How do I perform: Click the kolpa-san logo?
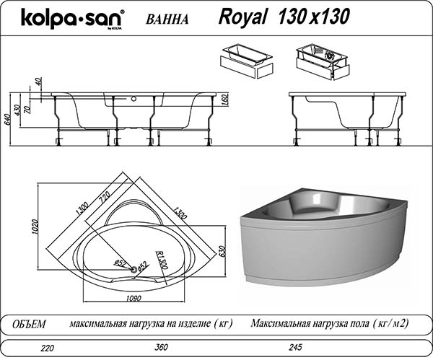click(x=72, y=19)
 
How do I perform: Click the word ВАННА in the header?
click(x=167, y=19)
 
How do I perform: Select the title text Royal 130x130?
click(x=284, y=17)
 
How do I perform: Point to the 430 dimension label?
click(x=17, y=110)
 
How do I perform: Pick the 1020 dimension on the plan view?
click(x=34, y=227)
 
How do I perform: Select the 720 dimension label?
click(x=105, y=196)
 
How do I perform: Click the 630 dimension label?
click(x=223, y=251)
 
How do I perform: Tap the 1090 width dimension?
click(x=134, y=299)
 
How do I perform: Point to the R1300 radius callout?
click(x=162, y=260)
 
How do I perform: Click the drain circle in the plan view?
click(x=134, y=269)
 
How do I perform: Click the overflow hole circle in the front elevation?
click(x=134, y=99)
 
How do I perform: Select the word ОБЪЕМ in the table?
click(x=30, y=324)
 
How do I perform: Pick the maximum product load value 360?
click(x=161, y=347)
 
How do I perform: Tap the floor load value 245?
click(x=295, y=347)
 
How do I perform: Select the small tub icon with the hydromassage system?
click(x=323, y=63)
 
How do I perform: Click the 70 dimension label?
click(x=27, y=110)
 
